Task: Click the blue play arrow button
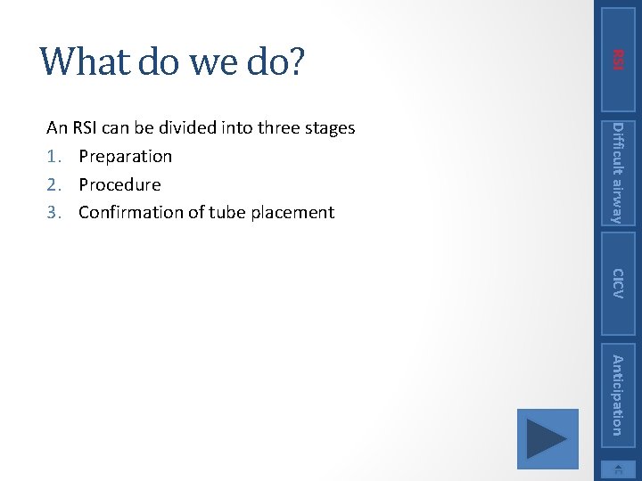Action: [x=547, y=439]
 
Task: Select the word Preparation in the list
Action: [x=125, y=157]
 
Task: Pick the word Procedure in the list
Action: [x=119, y=185]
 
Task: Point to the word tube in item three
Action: [x=227, y=213]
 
